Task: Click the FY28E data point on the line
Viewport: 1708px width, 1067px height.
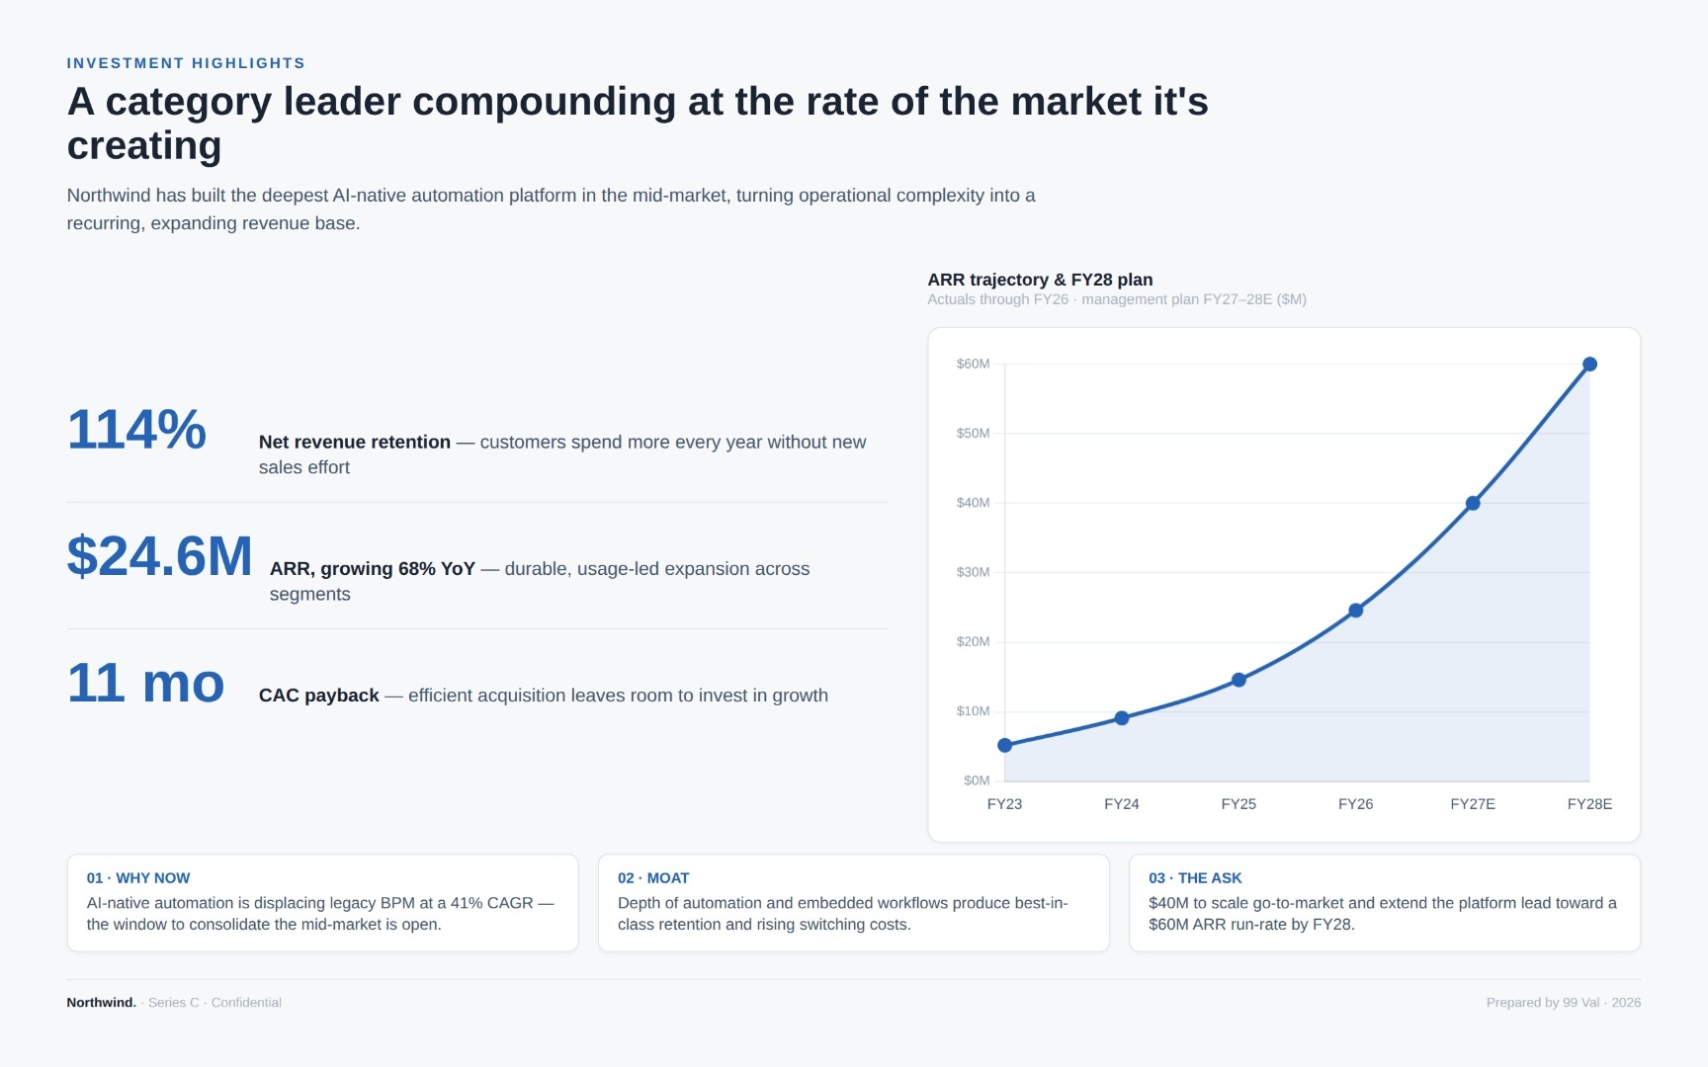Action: [1589, 365]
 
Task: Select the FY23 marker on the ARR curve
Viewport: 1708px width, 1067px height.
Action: [1004, 745]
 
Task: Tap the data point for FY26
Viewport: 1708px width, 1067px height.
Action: [1355, 611]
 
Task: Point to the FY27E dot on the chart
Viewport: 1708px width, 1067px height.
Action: [1473, 503]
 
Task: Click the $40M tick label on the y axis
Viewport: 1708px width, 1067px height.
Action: [973, 503]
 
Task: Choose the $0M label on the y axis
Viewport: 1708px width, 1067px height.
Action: [977, 780]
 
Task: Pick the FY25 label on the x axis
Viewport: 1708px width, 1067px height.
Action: [1238, 804]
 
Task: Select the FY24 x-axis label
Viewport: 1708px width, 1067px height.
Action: [1122, 804]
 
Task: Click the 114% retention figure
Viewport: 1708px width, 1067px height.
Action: [136, 430]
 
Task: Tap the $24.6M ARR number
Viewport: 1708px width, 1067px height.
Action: [160, 556]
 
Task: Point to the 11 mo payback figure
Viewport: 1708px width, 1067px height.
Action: [146, 683]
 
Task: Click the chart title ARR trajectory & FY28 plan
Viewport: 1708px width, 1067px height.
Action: [1040, 280]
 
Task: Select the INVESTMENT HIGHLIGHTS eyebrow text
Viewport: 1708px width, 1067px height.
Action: [186, 63]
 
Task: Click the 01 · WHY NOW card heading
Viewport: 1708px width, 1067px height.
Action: [138, 878]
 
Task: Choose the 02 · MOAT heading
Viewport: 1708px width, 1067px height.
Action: [653, 878]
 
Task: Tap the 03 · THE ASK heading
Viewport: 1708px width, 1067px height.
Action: [1195, 878]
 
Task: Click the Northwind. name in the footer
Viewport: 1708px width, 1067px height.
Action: [102, 1003]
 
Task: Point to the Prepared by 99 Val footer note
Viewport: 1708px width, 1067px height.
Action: [1543, 1003]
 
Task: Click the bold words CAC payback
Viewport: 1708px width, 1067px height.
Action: [319, 696]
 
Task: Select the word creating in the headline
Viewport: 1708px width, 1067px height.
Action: [144, 146]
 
